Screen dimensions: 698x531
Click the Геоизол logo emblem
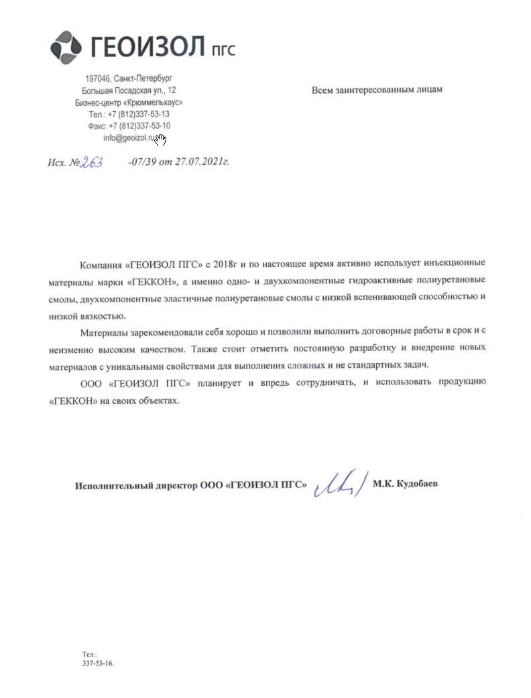[x=66, y=46]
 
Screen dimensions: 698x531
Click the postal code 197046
[x=99, y=79]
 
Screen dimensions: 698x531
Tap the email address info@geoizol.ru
[x=130, y=138]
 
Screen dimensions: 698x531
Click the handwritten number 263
[x=91, y=163]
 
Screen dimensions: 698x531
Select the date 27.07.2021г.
[x=202, y=163]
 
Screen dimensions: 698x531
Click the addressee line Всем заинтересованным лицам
[x=377, y=89]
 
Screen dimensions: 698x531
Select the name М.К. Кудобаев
[x=405, y=484]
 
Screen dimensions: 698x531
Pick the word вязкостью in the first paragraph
[x=101, y=316]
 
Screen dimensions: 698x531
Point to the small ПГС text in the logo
[x=223, y=49]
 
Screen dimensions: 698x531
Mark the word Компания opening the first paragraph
[x=100, y=263]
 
